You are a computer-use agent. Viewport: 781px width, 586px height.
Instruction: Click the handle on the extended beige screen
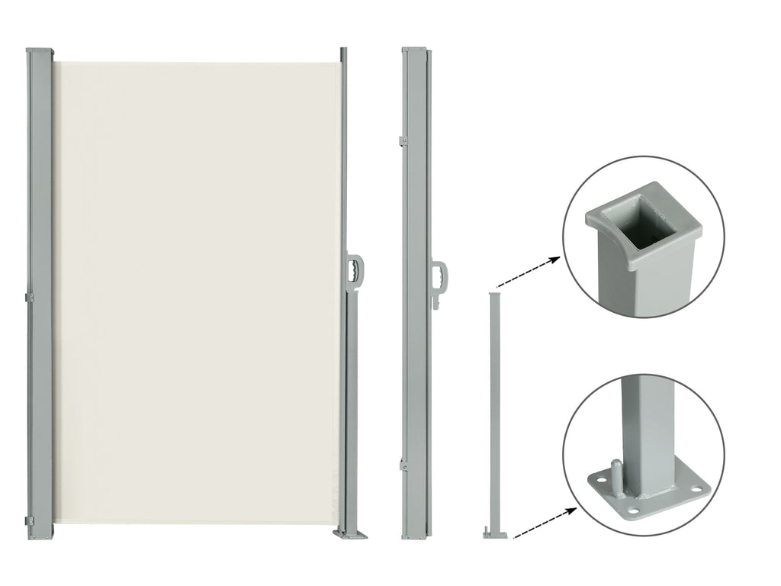pos(356,271)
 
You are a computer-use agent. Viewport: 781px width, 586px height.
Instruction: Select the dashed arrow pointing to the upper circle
pos(526,271)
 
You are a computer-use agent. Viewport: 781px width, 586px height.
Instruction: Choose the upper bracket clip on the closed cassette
pos(402,140)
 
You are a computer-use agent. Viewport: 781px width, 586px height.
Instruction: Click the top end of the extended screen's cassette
pos(40,52)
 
